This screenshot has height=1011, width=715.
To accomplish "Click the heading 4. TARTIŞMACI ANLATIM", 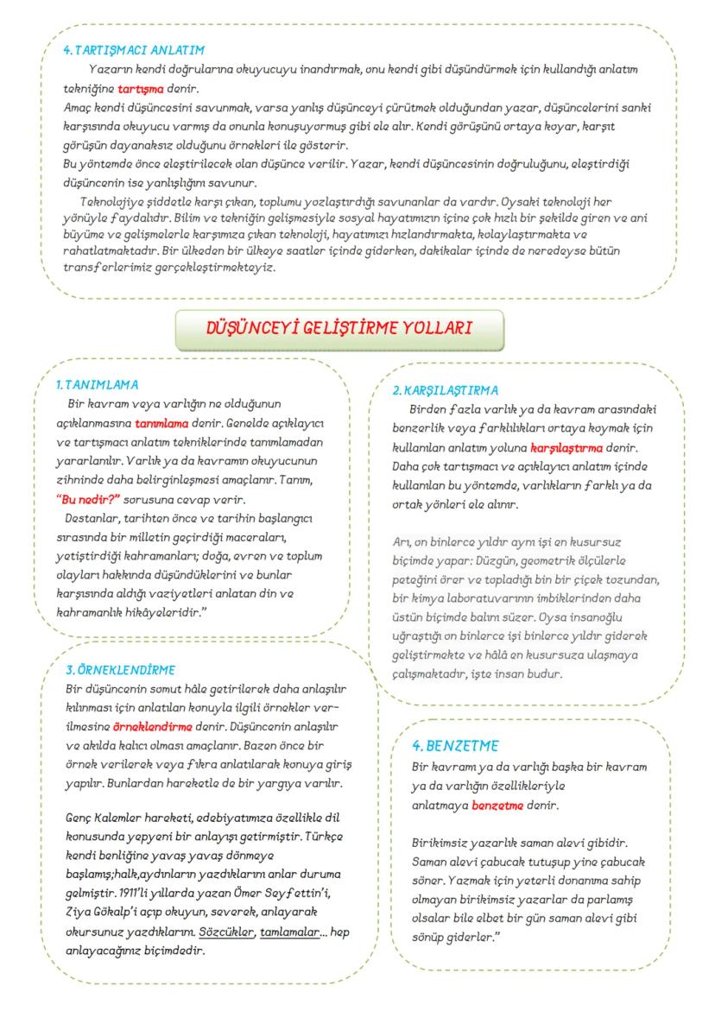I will coord(134,50).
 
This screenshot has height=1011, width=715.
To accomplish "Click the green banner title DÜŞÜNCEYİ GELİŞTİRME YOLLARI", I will coord(339,328).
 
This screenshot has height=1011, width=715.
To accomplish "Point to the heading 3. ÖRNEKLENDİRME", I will coord(121,669).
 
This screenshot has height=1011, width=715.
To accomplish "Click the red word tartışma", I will coord(141,88).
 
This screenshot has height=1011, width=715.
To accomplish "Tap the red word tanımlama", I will coord(161,424).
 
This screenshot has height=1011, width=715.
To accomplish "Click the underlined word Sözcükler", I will coord(227,933).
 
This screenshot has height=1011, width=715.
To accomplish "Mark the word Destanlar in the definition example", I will coord(92,518).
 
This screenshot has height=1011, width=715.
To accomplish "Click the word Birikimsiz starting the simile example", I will coord(444,842).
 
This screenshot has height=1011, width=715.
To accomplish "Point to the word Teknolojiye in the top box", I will coord(112,201).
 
